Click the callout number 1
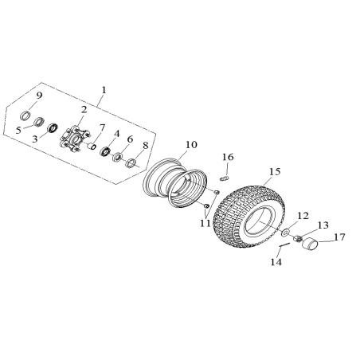click(x=104, y=90)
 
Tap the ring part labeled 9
click(x=25, y=115)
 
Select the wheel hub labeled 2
click(x=75, y=139)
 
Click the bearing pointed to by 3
click(x=53, y=128)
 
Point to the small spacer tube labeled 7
click(x=92, y=146)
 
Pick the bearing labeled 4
click(x=105, y=151)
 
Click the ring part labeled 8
click(x=131, y=162)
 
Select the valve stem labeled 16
click(x=225, y=178)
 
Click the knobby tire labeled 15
click(x=248, y=217)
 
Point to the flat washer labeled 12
click(x=285, y=233)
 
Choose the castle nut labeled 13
click(x=297, y=238)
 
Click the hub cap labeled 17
click(x=311, y=244)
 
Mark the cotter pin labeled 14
click(x=284, y=245)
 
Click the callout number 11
click(x=205, y=223)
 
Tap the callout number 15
click(x=275, y=171)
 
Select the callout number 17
click(x=339, y=237)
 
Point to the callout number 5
click(x=18, y=131)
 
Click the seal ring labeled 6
click(x=117, y=157)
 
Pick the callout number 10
click(x=192, y=145)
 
